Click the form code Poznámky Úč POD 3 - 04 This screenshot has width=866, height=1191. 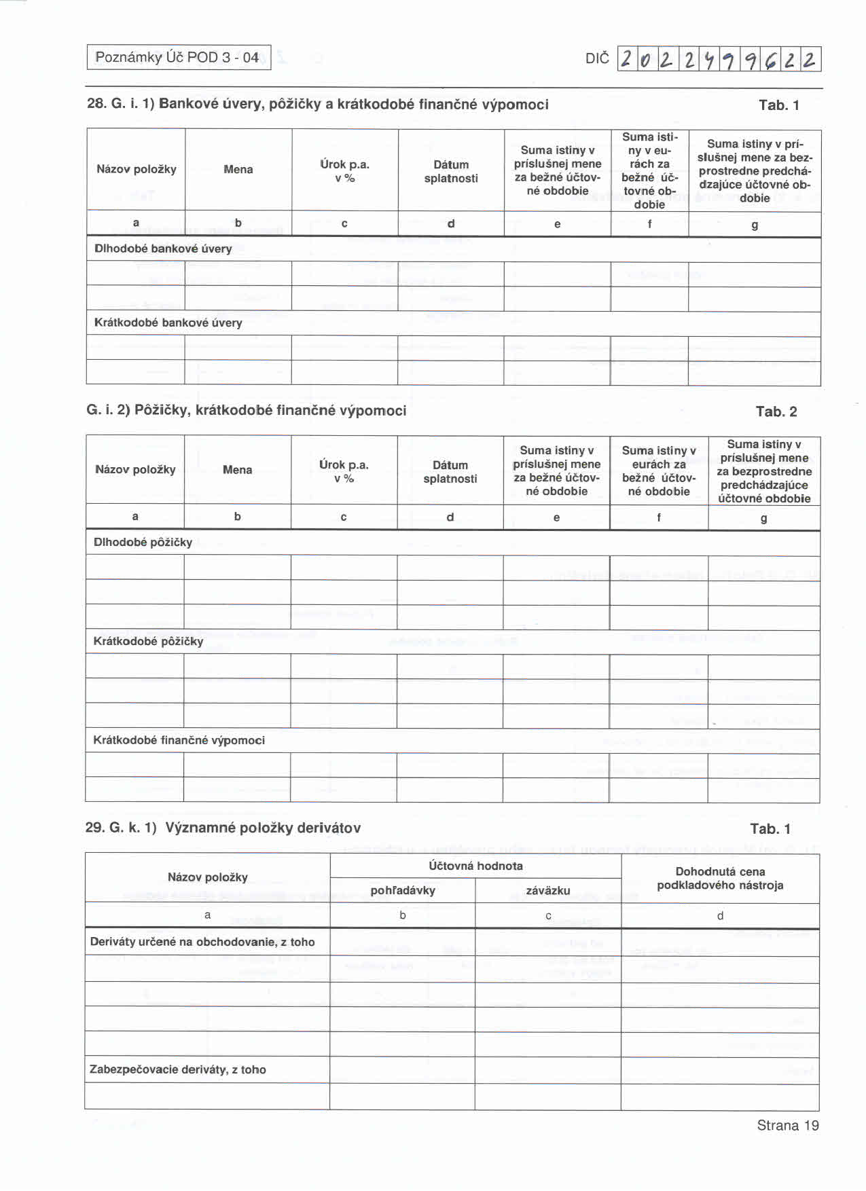click(x=178, y=58)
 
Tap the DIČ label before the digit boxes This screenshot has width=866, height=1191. click(x=597, y=59)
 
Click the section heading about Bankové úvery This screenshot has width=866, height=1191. click(x=317, y=105)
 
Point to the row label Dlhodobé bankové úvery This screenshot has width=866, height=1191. click(x=163, y=249)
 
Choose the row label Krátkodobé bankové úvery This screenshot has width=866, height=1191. click(x=168, y=323)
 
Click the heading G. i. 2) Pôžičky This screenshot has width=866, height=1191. click(x=246, y=410)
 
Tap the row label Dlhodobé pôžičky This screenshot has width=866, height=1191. click(x=143, y=542)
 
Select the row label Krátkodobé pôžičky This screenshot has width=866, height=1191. click(x=148, y=641)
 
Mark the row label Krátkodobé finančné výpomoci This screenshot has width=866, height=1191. click(x=179, y=740)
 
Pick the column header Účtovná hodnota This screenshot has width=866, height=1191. click(x=475, y=866)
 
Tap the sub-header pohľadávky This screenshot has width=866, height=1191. click(x=403, y=890)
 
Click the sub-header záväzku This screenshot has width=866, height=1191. click(x=548, y=890)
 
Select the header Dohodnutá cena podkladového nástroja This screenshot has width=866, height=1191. click(x=720, y=878)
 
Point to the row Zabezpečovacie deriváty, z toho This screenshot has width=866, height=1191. click(x=178, y=1069)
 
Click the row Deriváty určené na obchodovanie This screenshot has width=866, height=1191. click(x=202, y=942)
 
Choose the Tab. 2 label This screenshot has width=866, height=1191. click(x=776, y=411)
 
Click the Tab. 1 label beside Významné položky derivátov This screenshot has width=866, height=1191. click(x=770, y=828)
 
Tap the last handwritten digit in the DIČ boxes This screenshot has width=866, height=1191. click(x=810, y=60)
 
